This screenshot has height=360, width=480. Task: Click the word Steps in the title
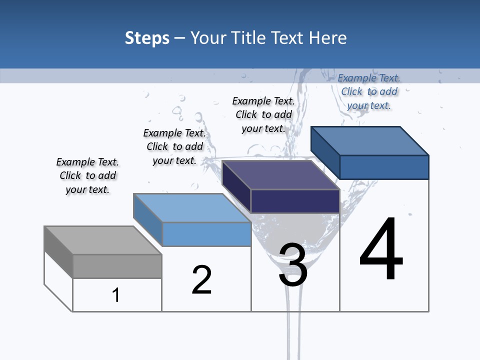point(147,38)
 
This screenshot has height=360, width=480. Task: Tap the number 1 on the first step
point(116,295)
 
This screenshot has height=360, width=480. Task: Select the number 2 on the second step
point(201,280)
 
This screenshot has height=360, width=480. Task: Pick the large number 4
point(381,250)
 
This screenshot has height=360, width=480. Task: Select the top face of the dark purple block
point(280,175)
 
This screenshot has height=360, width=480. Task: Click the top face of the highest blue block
point(370,141)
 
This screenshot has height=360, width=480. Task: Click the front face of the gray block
point(117,266)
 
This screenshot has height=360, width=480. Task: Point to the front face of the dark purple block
point(295,201)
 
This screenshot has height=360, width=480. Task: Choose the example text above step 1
point(87,175)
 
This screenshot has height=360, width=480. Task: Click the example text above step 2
point(174,146)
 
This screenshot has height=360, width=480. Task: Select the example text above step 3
point(263,114)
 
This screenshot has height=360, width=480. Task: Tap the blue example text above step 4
point(369,91)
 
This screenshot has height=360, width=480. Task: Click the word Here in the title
point(328,38)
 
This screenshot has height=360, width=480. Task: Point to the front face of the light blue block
point(206,234)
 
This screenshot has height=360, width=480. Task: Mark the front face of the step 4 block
point(384,167)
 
